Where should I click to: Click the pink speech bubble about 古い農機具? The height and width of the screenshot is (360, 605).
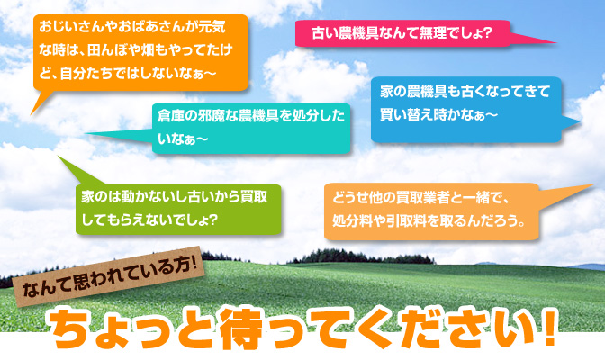point(403,33)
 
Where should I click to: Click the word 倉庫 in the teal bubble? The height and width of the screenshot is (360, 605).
point(170,116)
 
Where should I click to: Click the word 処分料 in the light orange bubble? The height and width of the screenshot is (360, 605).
point(352,221)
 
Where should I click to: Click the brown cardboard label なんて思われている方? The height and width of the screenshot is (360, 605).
point(109,275)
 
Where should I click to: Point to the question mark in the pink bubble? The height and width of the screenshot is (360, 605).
point(487,33)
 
